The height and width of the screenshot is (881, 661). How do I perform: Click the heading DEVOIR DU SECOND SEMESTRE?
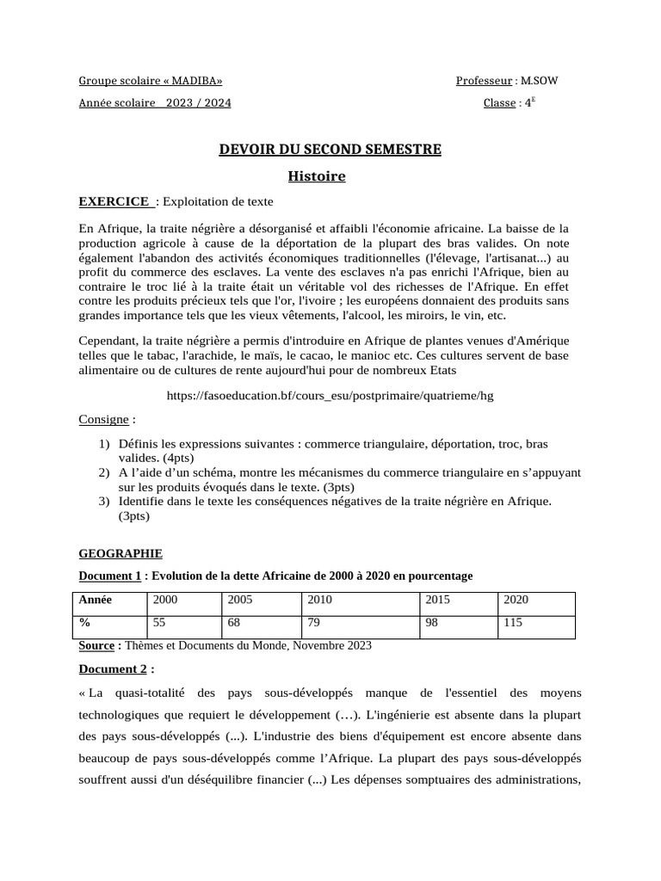click(x=330, y=150)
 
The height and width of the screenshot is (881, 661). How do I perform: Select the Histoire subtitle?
click(x=317, y=176)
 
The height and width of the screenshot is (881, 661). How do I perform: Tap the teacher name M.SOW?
click(x=544, y=81)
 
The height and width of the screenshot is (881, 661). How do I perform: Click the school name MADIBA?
click(x=195, y=81)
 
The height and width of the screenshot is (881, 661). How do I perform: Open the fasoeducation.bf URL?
click(x=330, y=395)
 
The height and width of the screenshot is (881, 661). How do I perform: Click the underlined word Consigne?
click(x=104, y=420)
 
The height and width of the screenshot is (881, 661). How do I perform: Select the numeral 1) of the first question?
click(x=104, y=444)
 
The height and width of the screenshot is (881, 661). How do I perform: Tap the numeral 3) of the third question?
click(x=104, y=501)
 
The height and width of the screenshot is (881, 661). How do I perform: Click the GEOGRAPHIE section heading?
click(x=120, y=554)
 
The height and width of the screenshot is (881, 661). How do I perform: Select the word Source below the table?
click(x=96, y=645)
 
